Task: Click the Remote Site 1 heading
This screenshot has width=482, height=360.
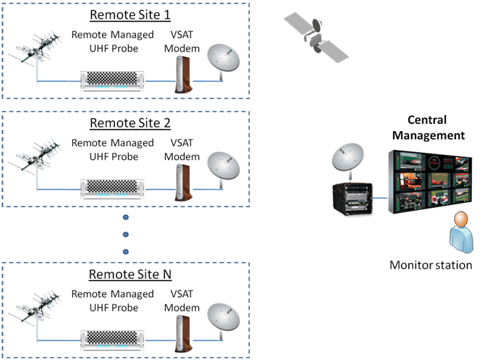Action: pos(125,15)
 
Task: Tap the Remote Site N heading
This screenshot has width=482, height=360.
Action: pos(125,276)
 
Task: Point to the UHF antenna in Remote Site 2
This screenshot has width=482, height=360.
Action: pos(33,161)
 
